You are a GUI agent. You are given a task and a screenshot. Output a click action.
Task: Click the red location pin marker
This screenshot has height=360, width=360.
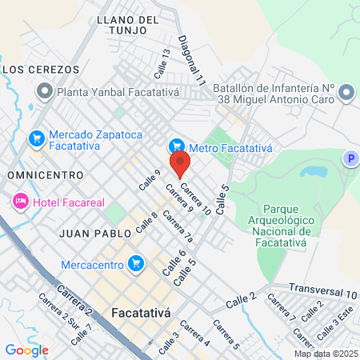pyautogui.click(x=180, y=163)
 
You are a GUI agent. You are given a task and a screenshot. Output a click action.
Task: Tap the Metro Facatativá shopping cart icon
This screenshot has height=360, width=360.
pyautogui.click(x=177, y=146)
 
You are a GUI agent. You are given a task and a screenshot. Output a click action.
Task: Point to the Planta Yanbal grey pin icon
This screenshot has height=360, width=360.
pyautogui.click(x=45, y=92)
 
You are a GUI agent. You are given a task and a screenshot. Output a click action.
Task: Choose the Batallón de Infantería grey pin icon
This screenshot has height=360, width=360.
pyautogui.click(x=346, y=94)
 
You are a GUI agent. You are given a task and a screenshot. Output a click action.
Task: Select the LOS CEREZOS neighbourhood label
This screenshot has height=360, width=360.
pyautogui.click(x=31, y=70)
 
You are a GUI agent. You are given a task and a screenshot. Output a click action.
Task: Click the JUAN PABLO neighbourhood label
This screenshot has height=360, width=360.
pyautogui.click(x=90, y=233)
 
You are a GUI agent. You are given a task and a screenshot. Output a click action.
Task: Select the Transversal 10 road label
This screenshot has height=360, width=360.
pyautogui.click(x=323, y=294)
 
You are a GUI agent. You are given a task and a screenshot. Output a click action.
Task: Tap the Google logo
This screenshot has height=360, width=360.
pyautogui.click(x=26, y=350)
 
